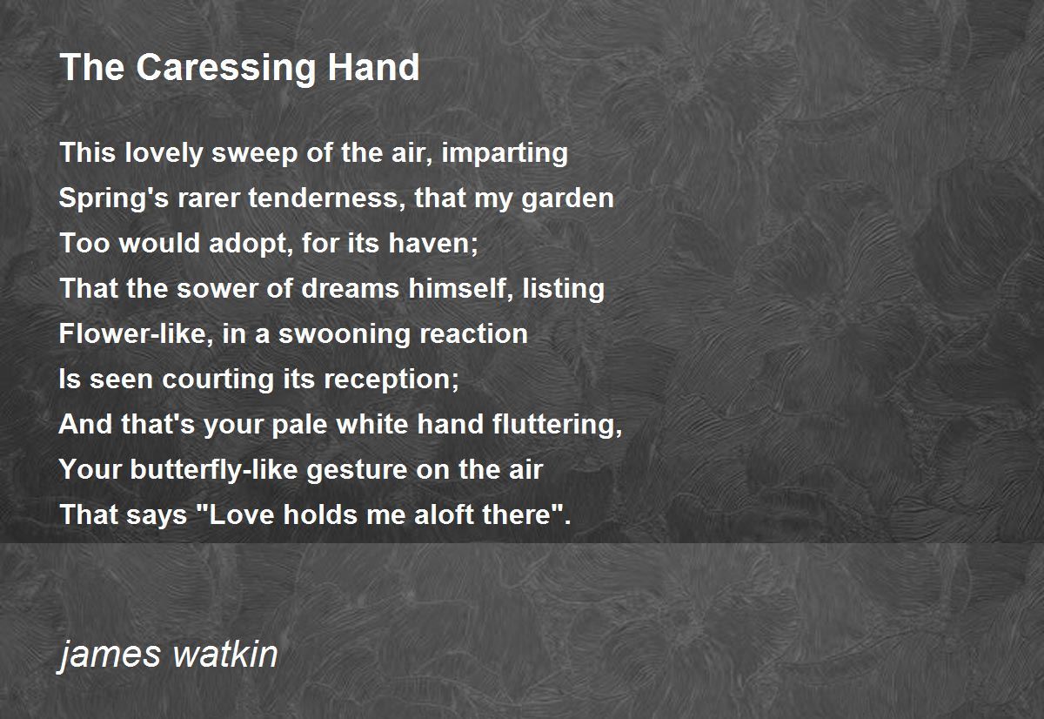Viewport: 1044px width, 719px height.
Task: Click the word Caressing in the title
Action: tap(225, 69)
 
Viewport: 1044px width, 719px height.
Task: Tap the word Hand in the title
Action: tap(373, 67)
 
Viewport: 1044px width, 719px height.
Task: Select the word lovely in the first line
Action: tap(164, 153)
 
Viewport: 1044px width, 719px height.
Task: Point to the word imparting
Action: tap(505, 153)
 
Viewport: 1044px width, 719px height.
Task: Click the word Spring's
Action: tap(114, 198)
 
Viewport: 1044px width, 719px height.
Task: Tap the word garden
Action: tap(567, 198)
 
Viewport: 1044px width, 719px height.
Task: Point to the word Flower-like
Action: tap(136, 334)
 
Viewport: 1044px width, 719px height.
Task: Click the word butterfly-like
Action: tap(213, 470)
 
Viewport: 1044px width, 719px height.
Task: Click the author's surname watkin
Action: tap(225, 655)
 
